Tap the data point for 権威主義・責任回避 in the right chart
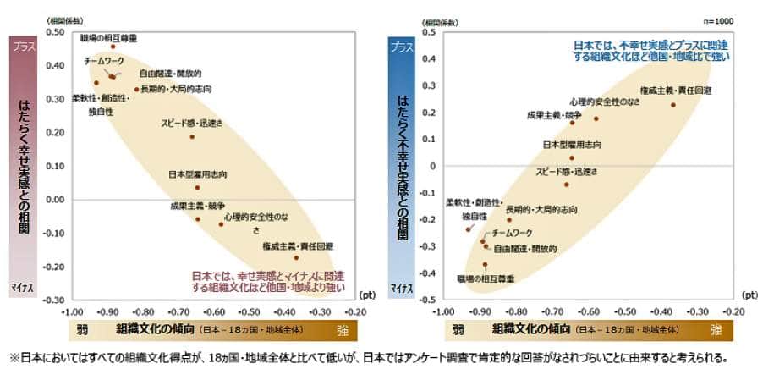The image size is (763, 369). click(673, 105)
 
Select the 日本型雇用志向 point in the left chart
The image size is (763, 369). click(197, 187)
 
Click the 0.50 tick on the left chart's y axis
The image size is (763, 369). click(53, 31)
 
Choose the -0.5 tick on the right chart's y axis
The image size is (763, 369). click(430, 300)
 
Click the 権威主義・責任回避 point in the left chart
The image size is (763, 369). click(296, 257)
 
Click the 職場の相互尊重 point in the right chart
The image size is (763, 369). click(485, 264)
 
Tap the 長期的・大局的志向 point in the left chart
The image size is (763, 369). click(136, 89)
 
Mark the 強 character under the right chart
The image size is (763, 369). click(716, 328)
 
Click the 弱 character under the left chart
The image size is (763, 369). click(79, 328)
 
